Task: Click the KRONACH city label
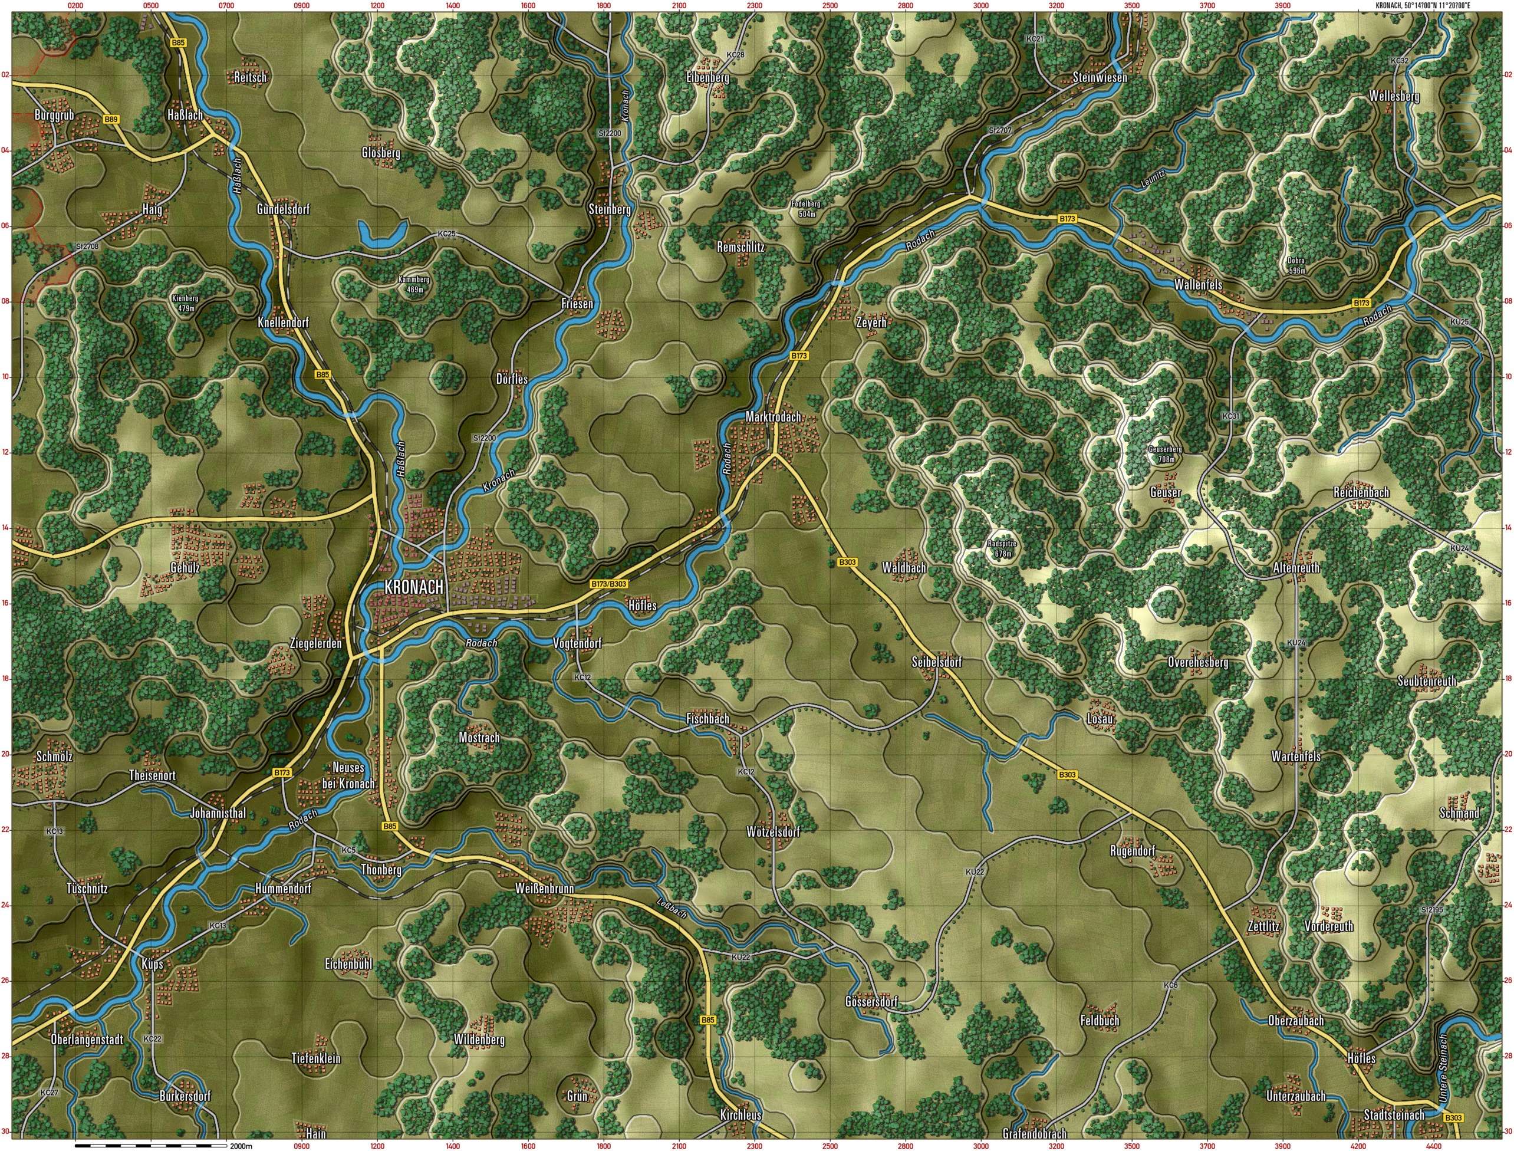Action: (414, 587)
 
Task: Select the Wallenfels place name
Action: (1197, 284)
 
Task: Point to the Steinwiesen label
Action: (1100, 78)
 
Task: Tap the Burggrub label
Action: (54, 115)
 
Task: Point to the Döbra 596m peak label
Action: (1295, 265)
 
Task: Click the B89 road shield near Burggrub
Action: (111, 120)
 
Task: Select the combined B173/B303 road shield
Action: (608, 584)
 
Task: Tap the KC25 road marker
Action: (446, 234)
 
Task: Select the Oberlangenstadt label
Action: (87, 1040)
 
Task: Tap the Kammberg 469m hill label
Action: (414, 284)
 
